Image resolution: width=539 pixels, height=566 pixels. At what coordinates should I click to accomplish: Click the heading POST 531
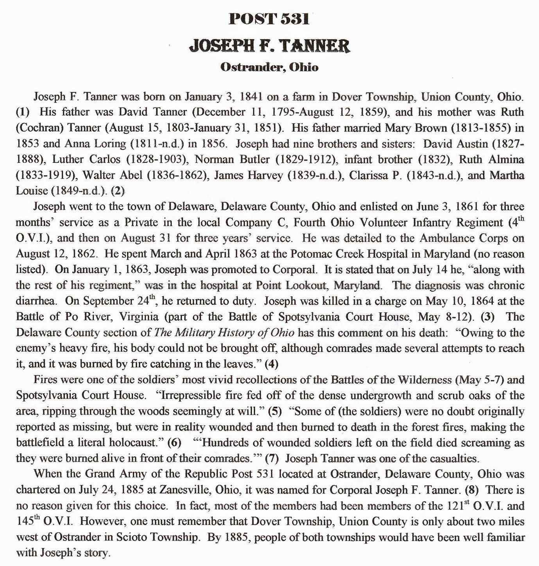[269, 19]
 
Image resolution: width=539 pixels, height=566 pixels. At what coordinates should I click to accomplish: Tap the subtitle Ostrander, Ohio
[269, 67]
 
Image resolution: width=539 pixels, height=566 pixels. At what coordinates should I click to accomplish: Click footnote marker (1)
[23, 113]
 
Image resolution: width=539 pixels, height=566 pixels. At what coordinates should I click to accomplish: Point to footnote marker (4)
[271, 364]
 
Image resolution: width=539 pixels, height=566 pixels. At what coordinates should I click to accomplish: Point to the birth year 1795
[285, 113]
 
